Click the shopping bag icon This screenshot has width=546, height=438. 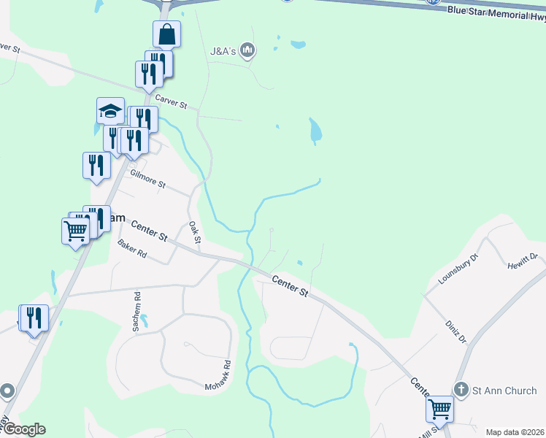(x=166, y=34)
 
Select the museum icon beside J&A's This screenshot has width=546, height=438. (x=248, y=50)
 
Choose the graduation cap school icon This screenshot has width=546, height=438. (x=110, y=112)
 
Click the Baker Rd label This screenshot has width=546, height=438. (x=133, y=253)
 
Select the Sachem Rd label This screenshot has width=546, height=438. (x=136, y=312)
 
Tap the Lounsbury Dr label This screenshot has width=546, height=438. (x=458, y=269)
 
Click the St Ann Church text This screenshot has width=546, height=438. (x=504, y=391)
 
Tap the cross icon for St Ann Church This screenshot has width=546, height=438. (x=461, y=391)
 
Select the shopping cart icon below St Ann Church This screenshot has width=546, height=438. (x=440, y=409)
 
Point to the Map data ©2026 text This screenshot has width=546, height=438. (x=515, y=432)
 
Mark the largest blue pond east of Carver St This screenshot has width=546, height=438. (x=315, y=131)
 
